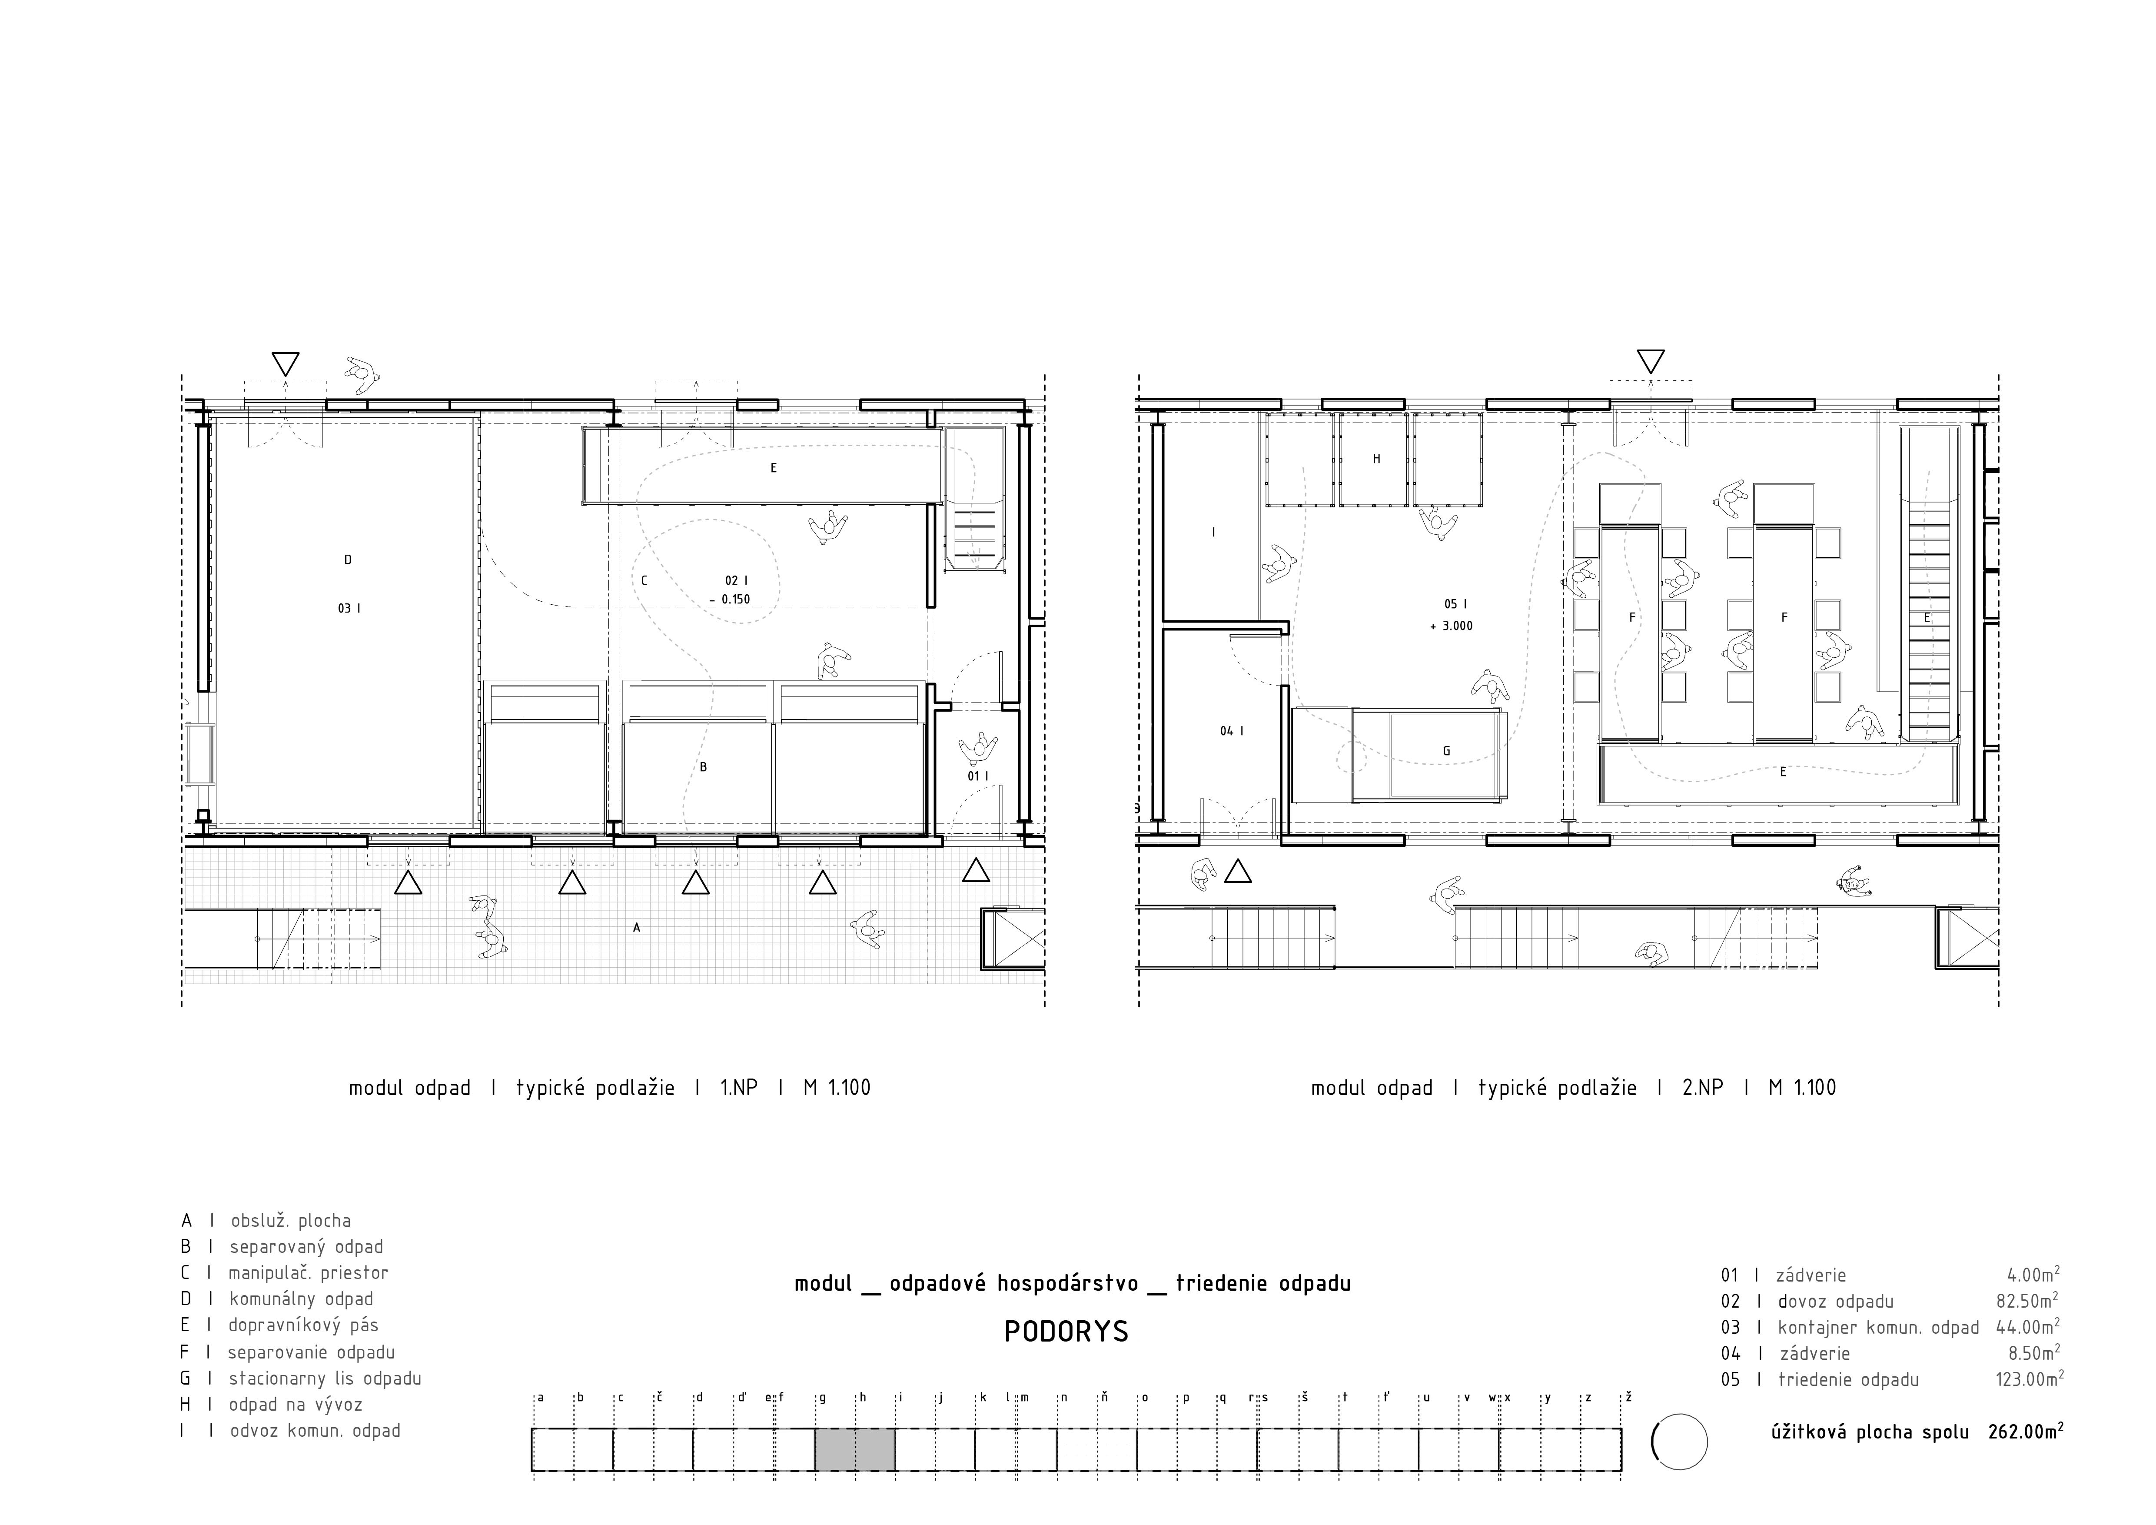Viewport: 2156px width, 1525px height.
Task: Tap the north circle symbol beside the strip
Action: click(x=1679, y=1442)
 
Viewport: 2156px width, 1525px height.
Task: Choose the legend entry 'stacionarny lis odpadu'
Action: click(x=325, y=1378)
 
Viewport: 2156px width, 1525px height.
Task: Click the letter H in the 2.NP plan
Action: click(x=1377, y=459)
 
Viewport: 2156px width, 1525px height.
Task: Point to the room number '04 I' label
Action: click(x=1232, y=731)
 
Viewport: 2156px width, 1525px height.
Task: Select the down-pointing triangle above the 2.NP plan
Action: click(x=1650, y=362)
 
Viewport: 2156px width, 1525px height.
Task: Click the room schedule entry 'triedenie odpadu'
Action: click(x=1848, y=1379)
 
